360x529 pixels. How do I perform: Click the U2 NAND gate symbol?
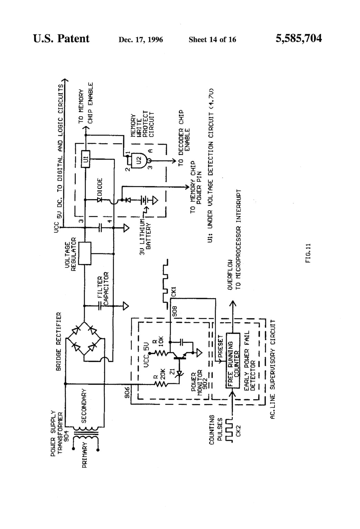point(140,160)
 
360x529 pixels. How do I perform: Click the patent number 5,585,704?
point(299,38)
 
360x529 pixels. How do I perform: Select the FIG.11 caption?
point(308,254)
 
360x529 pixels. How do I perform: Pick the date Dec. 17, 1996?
point(141,40)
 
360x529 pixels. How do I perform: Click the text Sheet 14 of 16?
point(212,40)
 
